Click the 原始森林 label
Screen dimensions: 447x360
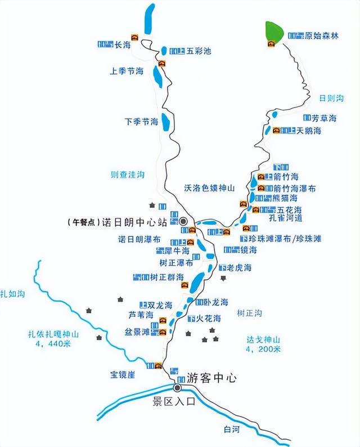click(x=322, y=36)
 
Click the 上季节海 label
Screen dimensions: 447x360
click(x=127, y=71)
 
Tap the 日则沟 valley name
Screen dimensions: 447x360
click(x=331, y=98)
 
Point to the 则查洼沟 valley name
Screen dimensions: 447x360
click(x=128, y=175)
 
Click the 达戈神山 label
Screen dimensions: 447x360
click(x=263, y=339)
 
